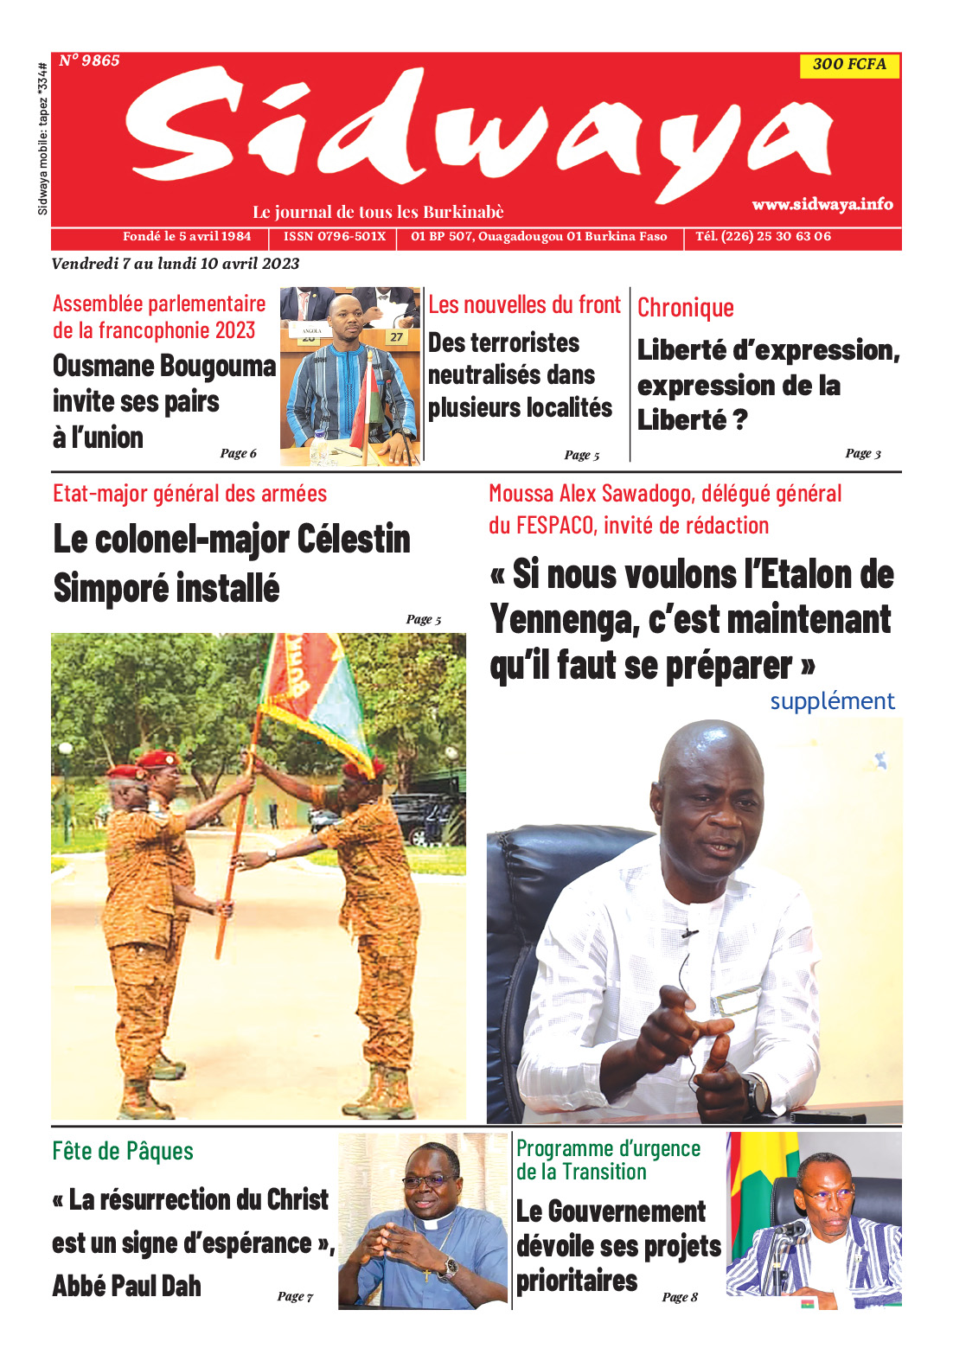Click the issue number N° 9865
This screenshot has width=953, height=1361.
pyautogui.click(x=89, y=61)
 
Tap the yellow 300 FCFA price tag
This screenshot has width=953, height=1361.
pyautogui.click(x=849, y=65)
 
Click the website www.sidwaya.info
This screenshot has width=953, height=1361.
pyautogui.click(x=822, y=204)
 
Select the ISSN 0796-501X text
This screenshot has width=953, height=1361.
pyautogui.click(x=335, y=236)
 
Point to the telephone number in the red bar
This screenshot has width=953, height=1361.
pyautogui.click(x=763, y=236)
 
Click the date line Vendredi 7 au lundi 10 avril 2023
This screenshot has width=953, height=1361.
pyautogui.click(x=176, y=264)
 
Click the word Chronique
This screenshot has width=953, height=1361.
pyautogui.click(x=686, y=308)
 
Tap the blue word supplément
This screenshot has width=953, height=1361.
pyautogui.click(x=832, y=700)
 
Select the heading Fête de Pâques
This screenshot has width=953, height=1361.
pyautogui.click(x=123, y=1151)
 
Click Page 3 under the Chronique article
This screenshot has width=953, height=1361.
pyautogui.click(x=862, y=453)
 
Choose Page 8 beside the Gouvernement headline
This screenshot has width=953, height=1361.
pyautogui.click(x=680, y=1296)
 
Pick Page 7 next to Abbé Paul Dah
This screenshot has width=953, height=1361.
pyautogui.click(x=295, y=1295)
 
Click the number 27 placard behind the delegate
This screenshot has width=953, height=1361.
pyautogui.click(x=396, y=337)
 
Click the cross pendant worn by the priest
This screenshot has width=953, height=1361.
pyautogui.click(x=425, y=1275)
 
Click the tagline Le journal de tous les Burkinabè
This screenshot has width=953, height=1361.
pyautogui.click(x=378, y=212)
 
